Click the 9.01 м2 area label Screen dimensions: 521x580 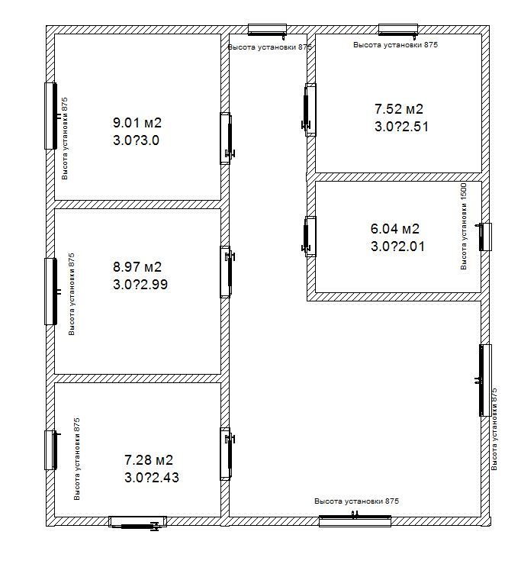137,122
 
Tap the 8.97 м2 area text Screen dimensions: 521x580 137,266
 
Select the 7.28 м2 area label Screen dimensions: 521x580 149,459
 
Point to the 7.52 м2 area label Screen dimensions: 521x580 399,108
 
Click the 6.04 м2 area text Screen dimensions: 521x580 395,229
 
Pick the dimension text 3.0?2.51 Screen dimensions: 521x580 401,127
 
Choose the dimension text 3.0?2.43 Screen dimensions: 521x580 152,478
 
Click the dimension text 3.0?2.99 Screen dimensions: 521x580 140,285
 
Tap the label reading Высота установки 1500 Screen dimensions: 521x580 464,226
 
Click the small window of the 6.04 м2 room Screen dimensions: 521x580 485,237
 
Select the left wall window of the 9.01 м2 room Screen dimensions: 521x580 51,116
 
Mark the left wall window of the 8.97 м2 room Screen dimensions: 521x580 51,292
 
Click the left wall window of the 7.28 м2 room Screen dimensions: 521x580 51,450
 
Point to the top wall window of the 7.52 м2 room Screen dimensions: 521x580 398,30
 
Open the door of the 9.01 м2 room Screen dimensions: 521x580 227,138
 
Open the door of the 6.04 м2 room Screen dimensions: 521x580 309,237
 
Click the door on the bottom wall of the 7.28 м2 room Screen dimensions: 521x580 137,522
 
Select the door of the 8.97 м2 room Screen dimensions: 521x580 227,272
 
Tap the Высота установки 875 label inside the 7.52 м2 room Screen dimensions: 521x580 395,45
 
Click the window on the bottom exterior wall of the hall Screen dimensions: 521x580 355,520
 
